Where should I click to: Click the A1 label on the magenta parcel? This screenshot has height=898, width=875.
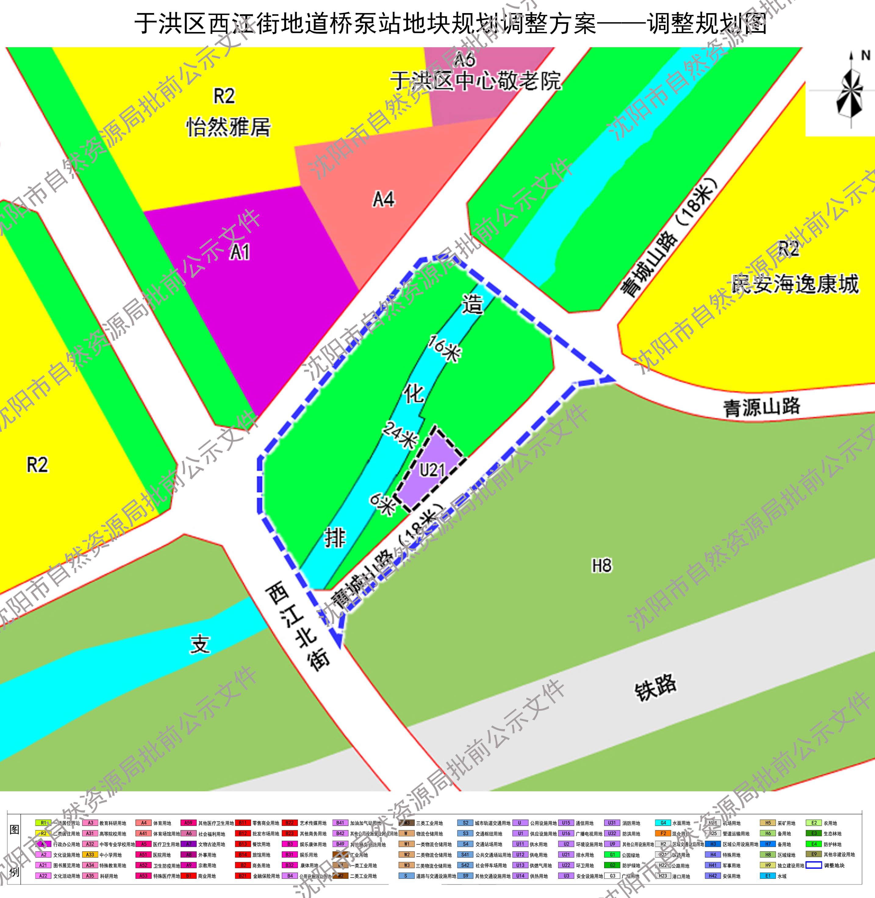(x=240, y=252)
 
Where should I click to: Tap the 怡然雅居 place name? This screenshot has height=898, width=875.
(x=228, y=127)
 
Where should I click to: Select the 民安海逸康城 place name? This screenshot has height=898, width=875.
(x=795, y=284)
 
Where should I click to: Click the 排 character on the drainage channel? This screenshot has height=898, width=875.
(x=335, y=537)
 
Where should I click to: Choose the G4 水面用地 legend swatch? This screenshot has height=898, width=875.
(x=663, y=823)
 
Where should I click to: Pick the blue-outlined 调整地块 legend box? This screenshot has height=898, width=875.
(x=813, y=865)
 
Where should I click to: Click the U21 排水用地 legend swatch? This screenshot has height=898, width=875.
(x=566, y=854)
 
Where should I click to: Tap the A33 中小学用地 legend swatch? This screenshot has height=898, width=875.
(x=90, y=854)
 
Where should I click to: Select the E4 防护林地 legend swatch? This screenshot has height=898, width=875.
(x=813, y=844)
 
